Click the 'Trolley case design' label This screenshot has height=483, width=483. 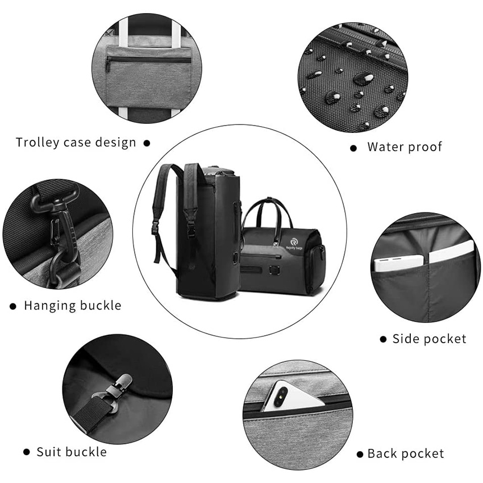76,143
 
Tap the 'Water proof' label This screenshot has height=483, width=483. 404,147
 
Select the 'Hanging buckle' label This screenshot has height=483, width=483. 72,306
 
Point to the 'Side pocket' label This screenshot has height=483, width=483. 429,339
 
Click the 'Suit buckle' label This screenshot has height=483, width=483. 72,452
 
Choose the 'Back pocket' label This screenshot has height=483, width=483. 405,454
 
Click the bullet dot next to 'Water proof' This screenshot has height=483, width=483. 353,148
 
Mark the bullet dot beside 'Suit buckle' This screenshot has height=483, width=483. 26,452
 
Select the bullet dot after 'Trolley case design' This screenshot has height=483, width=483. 147,143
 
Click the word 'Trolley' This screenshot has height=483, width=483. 38,143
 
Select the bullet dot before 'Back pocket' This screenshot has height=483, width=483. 359,455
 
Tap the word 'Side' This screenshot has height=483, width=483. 404,339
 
